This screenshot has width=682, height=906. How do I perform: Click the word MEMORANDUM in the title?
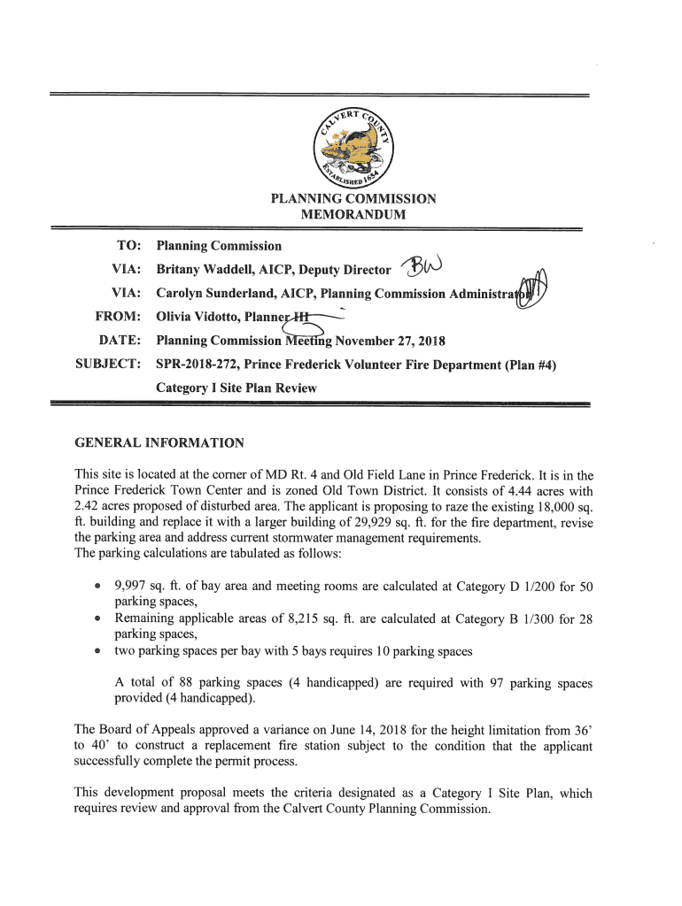(x=353, y=215)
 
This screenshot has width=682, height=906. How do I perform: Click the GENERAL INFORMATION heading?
(x=159, y=442)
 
